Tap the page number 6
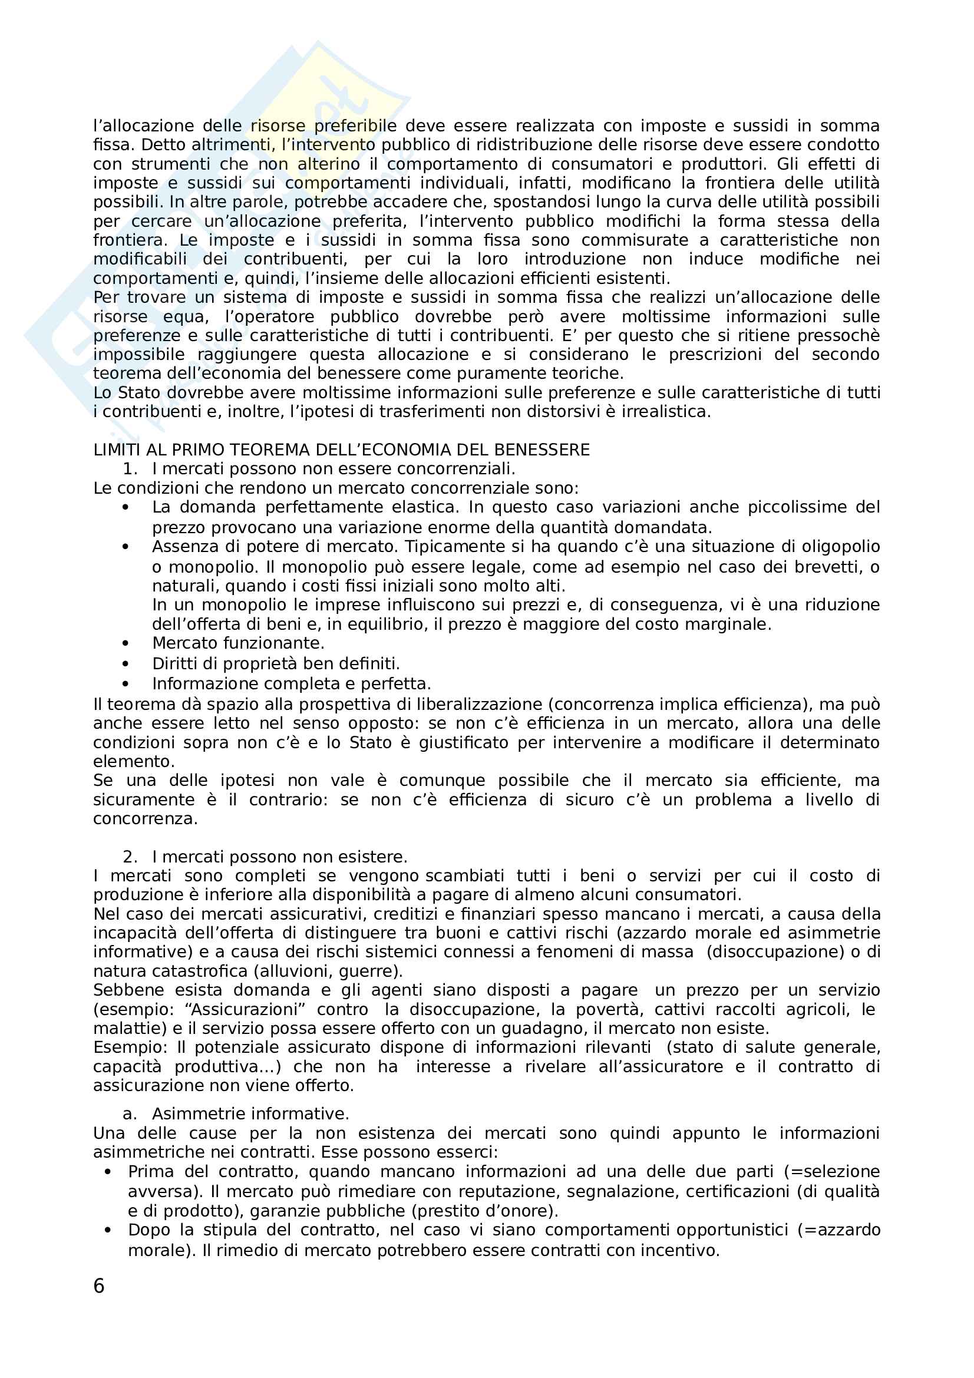tap(99, 1286)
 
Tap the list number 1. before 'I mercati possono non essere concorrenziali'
tap(130, 469)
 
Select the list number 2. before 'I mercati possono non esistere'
tap(130, 857)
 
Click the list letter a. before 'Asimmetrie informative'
tap(130, 1114)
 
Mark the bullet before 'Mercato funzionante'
tap(126, 644)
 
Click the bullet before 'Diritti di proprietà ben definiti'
tap(126, 664)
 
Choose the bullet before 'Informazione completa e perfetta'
tap(126, 684)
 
